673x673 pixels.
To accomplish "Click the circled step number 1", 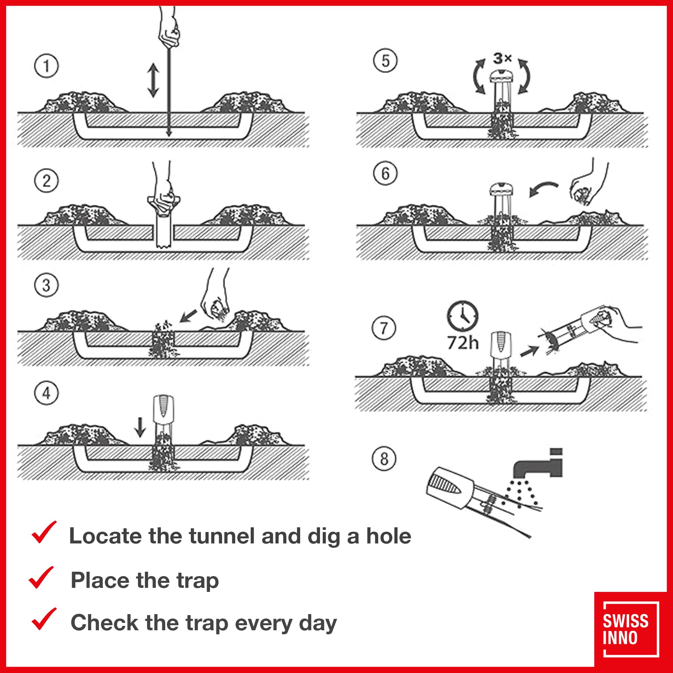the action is coord(46,66).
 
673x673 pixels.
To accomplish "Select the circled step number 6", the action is coord(385,173).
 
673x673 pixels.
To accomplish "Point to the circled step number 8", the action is coord(384,459).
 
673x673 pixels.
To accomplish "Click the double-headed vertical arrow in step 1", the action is coord(153,80).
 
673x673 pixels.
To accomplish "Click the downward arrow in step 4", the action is coord(140,427).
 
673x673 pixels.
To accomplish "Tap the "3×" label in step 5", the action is coord(502,59).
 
